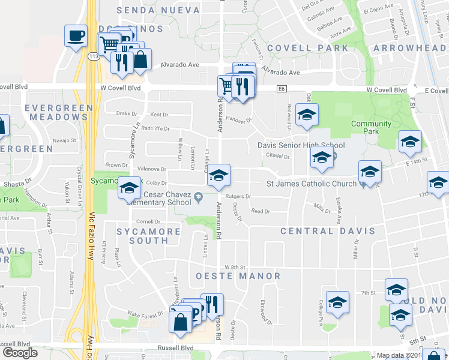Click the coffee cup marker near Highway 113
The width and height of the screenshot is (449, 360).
(76, 36)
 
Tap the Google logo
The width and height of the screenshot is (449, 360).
(20, 353)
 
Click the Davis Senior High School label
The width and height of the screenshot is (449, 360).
(301, 145)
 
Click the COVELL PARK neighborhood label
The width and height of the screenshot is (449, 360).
(307, 47)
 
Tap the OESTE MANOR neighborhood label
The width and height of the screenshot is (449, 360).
(238, 276)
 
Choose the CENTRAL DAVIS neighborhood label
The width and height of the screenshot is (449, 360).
(327, 230)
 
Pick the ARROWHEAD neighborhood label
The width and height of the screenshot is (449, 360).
(411, 47)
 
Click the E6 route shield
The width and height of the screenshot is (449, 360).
(281, 89)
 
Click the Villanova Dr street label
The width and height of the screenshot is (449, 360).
(152, 169)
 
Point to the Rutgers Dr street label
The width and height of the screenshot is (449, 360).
(238, 196)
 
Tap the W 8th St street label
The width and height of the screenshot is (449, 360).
(235, 266)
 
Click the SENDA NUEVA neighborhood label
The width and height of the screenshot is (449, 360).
(158, 10)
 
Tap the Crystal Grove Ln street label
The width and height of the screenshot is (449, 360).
(79, 178)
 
